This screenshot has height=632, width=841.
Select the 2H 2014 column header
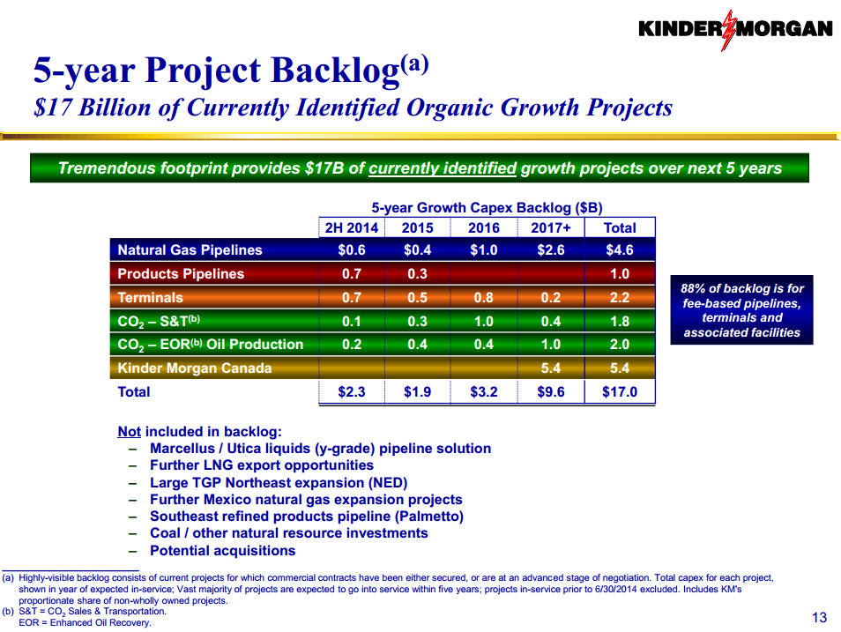tap(352, 227)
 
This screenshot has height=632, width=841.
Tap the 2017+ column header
tap(552, 227)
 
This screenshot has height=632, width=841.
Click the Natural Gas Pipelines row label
tap(190, 250)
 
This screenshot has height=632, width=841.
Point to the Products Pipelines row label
tap(182, 274)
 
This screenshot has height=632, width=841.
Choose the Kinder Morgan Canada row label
tap(195, 368)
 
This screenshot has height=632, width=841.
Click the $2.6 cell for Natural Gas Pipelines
tap(552, 250)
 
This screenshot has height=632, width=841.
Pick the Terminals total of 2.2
tap(619, 298)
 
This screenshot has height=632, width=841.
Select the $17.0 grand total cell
tap(619, 392)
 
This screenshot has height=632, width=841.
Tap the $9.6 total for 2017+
tap(552, 392)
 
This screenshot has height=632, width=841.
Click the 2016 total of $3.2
tap(483, 392)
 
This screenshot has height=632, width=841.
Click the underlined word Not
tap(129, 432)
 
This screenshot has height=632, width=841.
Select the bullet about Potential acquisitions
tap(222, 551)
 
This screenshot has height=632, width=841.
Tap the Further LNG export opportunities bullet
tap(261, 465)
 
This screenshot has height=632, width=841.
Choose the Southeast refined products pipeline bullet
tap(306, 517)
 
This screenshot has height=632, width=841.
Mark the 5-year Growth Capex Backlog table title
tap(487, 208)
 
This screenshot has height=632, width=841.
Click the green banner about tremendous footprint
tap(420, 168)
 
